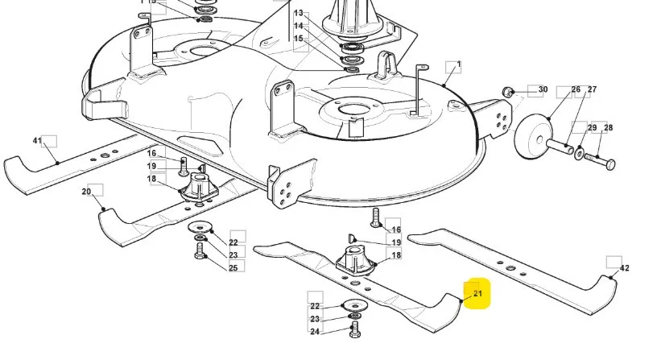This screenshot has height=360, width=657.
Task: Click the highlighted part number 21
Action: coord(477,294)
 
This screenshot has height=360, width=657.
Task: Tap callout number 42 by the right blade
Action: coord(624,268)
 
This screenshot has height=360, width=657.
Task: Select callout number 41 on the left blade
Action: coord(37,140)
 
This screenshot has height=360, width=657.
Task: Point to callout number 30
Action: coord(543,89)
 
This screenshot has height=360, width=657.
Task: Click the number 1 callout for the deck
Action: coord(459,64)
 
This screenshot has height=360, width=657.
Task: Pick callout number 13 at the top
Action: coord(299,14)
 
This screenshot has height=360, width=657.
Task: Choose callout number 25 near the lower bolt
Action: coord(233,268)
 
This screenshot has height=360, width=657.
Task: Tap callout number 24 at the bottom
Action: coord(315,332)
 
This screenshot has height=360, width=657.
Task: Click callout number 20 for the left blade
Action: coord(86,192)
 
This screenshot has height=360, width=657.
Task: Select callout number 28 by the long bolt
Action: coord(609,127)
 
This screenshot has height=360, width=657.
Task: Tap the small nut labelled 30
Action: coord(508,91)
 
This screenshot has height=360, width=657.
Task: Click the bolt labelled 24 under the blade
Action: coord(354,330)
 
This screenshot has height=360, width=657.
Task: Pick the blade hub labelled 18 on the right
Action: coord(355,261)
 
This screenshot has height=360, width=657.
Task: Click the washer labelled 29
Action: coord(579,153)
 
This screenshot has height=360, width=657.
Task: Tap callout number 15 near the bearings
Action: coord(299,39)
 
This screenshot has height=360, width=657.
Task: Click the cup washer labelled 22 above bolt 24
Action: coord(354,304)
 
